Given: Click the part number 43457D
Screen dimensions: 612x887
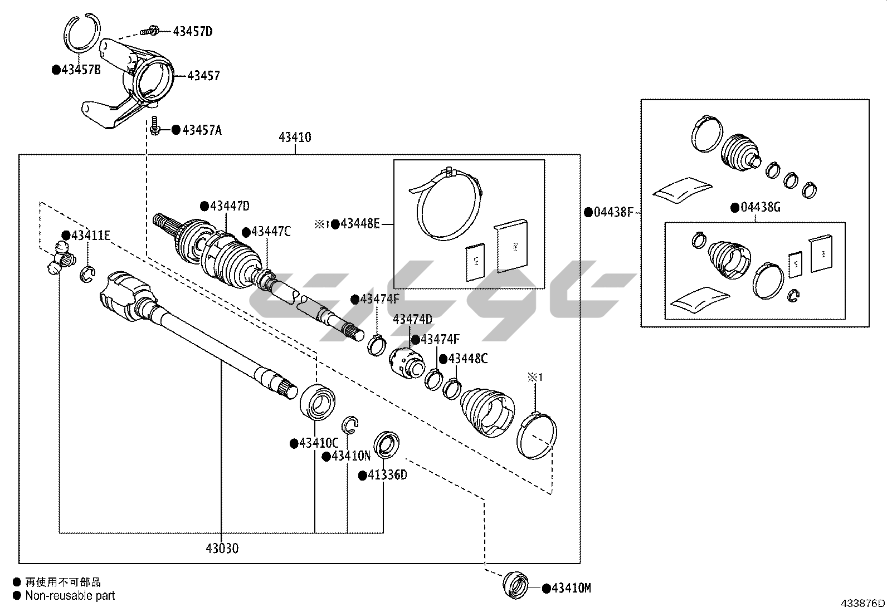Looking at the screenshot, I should click(193, 31).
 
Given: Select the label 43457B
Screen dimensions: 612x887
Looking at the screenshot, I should click(81, 70).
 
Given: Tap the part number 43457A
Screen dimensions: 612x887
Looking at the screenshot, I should click(202, 130).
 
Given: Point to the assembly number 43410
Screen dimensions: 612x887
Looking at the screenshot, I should click(295, 138).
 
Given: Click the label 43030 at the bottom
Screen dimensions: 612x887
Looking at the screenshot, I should click(222, 549).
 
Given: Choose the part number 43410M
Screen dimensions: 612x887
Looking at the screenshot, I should click(571, 588).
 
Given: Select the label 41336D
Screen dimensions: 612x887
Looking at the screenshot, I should click(387, 475).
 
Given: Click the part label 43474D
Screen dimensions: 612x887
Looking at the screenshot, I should click(412, 319).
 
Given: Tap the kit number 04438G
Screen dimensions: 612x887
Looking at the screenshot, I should click(760, 208).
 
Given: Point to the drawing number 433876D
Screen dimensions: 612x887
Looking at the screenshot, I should click(863, 604).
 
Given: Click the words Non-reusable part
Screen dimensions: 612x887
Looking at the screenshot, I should click(70, 596).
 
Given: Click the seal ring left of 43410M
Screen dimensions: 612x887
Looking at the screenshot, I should click(517, 586).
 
